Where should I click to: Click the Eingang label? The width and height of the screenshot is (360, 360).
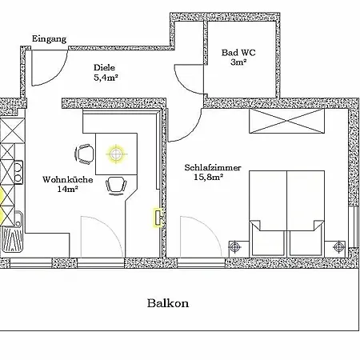click(x=49, y=39)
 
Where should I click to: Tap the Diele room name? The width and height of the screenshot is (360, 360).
click(x=104, y=67)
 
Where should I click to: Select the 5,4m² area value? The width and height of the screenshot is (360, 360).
click(x=106, y=78)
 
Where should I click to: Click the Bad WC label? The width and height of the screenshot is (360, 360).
click(x=238, y=52)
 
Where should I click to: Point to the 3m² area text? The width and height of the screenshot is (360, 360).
click(x=238, y=62)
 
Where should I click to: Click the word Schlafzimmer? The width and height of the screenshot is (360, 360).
click(x=213, y=167)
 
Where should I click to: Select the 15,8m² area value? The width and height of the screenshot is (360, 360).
click(x=208, y=177)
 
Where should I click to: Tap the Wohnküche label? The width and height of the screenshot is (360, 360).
click(x=68, y=179)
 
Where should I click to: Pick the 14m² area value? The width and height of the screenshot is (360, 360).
click(x=67, y=189)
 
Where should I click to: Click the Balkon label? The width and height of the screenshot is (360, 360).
click(x=168, y=303)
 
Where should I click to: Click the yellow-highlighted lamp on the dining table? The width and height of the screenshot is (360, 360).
click(x=116, y=154)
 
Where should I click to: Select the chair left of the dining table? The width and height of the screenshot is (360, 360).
click(x=84, y=154)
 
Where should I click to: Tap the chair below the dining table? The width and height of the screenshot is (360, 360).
click(x=116, y=186)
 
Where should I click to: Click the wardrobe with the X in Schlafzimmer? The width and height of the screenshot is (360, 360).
click(x=286, y=121)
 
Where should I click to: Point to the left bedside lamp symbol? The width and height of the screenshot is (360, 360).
click(x=234, y=247)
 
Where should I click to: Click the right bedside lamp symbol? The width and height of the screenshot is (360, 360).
click(x=338, y=246)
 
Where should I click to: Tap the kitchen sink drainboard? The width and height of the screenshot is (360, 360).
click(x=12, y=239)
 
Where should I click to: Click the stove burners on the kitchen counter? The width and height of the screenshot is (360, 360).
click(x=18, y=173)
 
